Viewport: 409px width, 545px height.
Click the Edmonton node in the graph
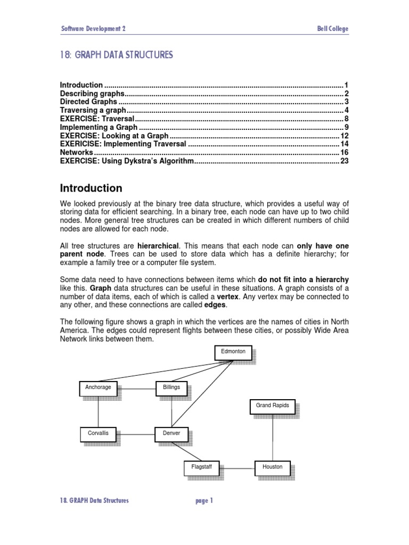point(233,352)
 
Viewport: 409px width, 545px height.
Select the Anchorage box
point(98,388)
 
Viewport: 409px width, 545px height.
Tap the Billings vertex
point(171,388)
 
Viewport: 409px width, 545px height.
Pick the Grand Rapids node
point(272,406)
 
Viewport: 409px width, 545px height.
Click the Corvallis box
point(98,434)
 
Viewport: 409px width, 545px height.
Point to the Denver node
point(171,434)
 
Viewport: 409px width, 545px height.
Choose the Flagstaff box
point(202,467)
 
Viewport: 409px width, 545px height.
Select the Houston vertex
point(272,467)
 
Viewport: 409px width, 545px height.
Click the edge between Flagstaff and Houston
point(237,468)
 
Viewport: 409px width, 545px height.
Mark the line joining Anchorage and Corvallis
point(98,411)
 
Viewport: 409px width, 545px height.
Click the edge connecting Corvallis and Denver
point(135,434)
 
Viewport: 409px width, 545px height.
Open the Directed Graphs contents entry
point(89,102)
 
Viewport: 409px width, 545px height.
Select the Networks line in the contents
point(77,152)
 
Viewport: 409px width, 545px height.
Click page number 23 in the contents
point(344,161)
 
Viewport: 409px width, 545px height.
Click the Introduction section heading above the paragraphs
point(91,188)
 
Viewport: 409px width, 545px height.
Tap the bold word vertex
point(227,296)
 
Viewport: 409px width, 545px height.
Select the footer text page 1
point(204,500)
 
